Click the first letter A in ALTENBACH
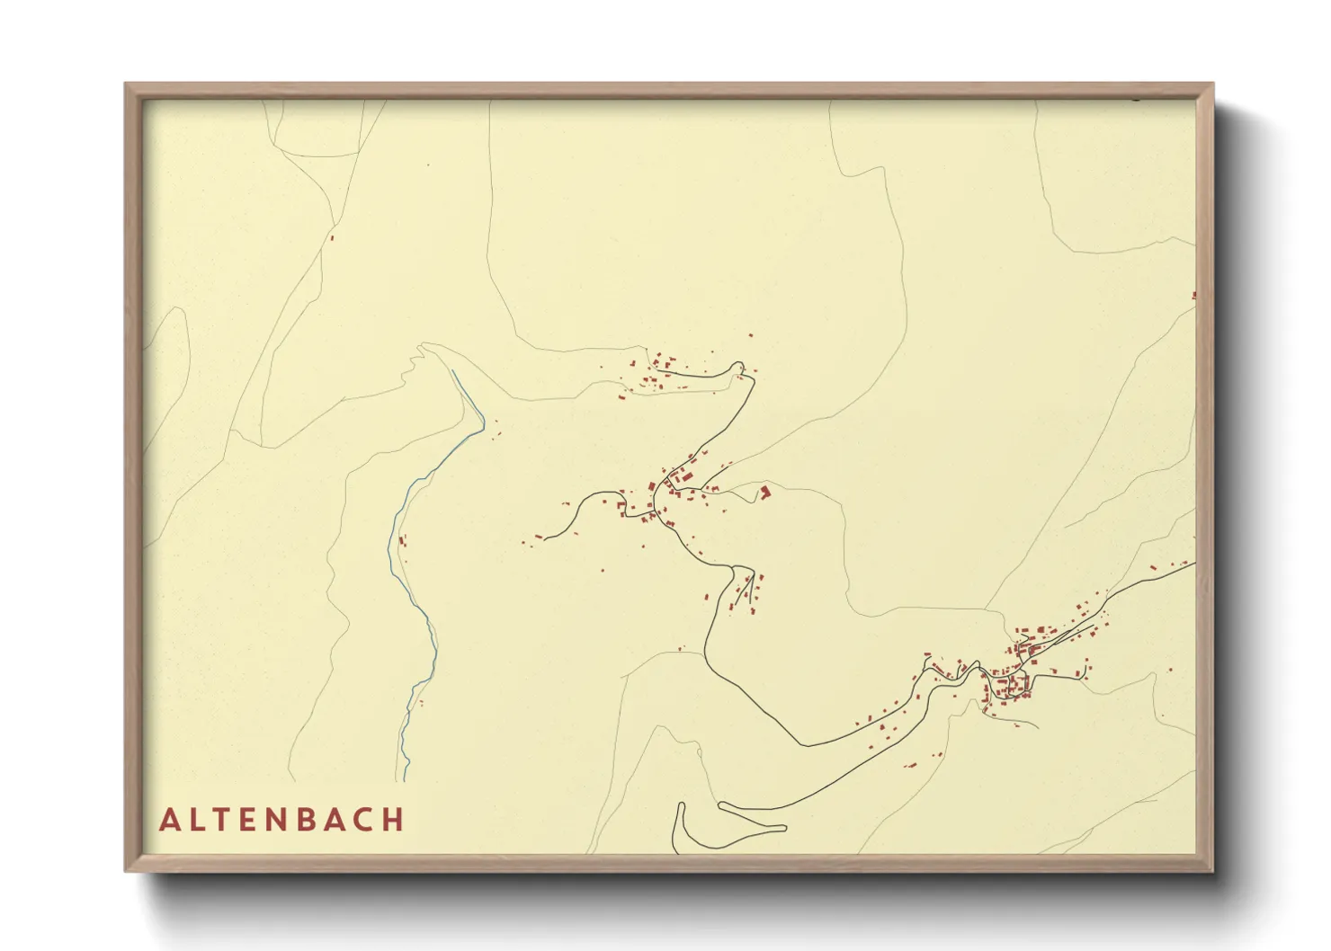pyautogui.click(x=169, y=820)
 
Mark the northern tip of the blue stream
pyautogui.click(x=452, y=370)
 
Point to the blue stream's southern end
pyautogui.click(x=404, y=779)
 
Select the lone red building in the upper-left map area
pyautogui.click(x=333, y=237)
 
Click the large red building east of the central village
pyautogui.click(x=765, y=492)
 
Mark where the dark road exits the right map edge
pyautogui.click(x=1194, y=564)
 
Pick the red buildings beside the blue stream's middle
pyautogui.click(x=402, y=541)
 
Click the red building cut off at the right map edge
pyautogui.click(x=1193, y=295)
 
